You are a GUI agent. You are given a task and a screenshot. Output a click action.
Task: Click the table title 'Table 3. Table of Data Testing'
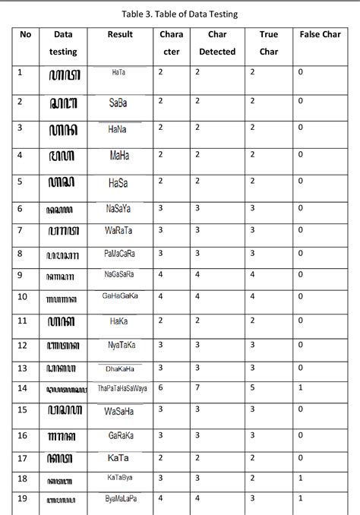[x=179, y=12]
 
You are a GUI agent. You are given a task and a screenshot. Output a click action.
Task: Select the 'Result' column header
[x=120, y=35]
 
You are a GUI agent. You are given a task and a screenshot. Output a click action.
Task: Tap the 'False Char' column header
[x=319, y=35]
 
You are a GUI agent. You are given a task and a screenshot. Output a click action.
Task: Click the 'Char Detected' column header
[x=217, y=43]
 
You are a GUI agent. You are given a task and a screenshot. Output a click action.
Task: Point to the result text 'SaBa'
[x=118, y=102]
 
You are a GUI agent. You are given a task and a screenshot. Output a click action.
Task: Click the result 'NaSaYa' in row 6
[x=118, y=207]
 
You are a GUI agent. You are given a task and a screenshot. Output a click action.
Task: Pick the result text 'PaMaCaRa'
[x=119, y=254]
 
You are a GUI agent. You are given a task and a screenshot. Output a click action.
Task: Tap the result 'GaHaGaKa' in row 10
[x=119, y=297]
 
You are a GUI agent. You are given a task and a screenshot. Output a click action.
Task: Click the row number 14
[x=23, y=388]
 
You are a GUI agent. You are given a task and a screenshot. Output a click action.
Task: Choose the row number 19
[x=23, y=499]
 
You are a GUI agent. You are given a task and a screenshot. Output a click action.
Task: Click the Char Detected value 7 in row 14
[x=197, y=388]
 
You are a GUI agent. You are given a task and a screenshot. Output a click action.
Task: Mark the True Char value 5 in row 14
[x=252, y=388]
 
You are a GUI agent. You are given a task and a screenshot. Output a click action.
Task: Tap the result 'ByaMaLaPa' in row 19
[x=121, y=499]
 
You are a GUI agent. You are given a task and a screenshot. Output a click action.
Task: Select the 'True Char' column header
[x=268, y=43]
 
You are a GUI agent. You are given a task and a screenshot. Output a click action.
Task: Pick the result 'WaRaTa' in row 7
[x=119, y=229]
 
